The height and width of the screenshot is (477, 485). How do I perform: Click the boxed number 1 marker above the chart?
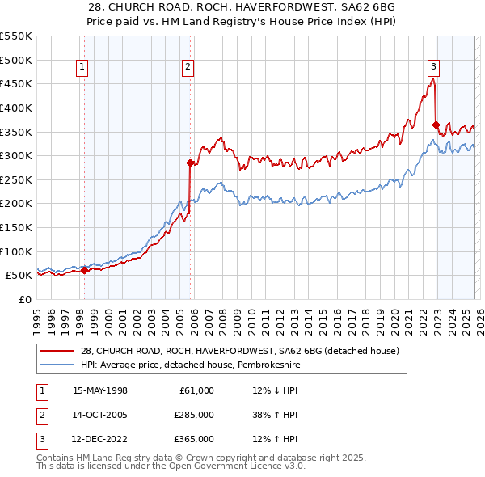click(83, 68)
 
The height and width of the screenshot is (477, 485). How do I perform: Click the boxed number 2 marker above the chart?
click(188, 68)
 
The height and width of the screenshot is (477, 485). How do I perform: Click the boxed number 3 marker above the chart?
click(433, 68)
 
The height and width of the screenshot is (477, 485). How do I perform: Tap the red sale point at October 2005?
click(191, 163)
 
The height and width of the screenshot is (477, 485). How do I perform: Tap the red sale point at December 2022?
click(436, 125)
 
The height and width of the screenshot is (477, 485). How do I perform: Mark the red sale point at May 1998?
click(84, 270)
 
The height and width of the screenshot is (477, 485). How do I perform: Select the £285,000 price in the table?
click(194, 415)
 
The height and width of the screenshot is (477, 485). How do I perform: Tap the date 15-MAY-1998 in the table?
click(100, 390)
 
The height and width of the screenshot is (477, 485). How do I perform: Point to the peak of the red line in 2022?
click(433, 79)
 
